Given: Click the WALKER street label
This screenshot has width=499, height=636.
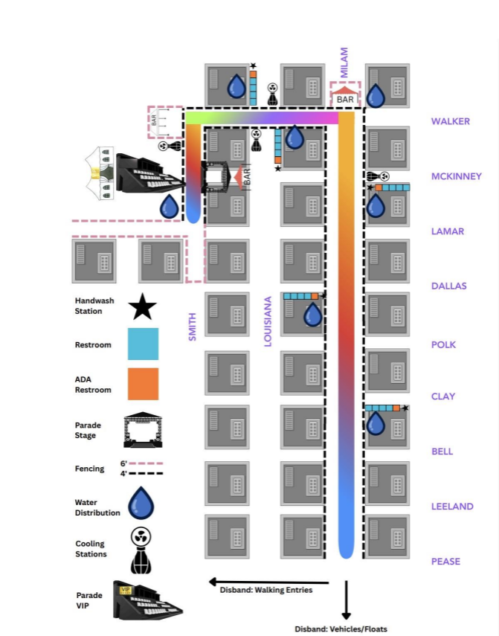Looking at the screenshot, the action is [x=451, y=121].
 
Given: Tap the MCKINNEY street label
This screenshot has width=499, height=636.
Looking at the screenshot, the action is [x=457, y=176].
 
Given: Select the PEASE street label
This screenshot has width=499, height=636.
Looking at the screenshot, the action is [x=445, y=562].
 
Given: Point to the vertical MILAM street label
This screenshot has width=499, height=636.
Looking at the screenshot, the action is [x=344, y=62].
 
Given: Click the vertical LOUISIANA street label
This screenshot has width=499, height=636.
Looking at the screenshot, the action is [x=268, y=321].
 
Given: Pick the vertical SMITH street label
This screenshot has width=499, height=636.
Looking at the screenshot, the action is [x=192, y=327].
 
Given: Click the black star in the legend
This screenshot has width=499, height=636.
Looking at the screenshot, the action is [x=142, y=306].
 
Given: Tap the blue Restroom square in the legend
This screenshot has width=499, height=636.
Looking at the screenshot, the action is [x=143, y=344].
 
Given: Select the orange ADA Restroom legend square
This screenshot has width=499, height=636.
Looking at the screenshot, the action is [x=143, y=384].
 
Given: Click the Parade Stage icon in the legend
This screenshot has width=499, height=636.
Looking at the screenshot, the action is [x=143, y=430].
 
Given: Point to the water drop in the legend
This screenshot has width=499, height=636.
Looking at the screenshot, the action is [x=141, y=503].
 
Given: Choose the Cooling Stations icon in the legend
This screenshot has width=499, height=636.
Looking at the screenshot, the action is [x=141, y=550].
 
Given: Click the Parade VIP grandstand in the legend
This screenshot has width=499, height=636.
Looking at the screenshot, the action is [x=147, y=600].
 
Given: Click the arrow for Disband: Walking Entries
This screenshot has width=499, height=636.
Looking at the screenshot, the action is [x=268, y=582].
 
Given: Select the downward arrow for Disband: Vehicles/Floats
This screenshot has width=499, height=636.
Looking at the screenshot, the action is [x=347, y=600].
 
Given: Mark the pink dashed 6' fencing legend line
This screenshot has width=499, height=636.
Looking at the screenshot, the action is [x=146, y=463].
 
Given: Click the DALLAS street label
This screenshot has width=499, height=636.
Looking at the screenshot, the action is [x=448, y=286].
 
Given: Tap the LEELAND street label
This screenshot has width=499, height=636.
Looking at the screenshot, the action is [x=452, y=507].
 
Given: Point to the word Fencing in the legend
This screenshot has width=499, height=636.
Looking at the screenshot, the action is [x=89, y=469].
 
